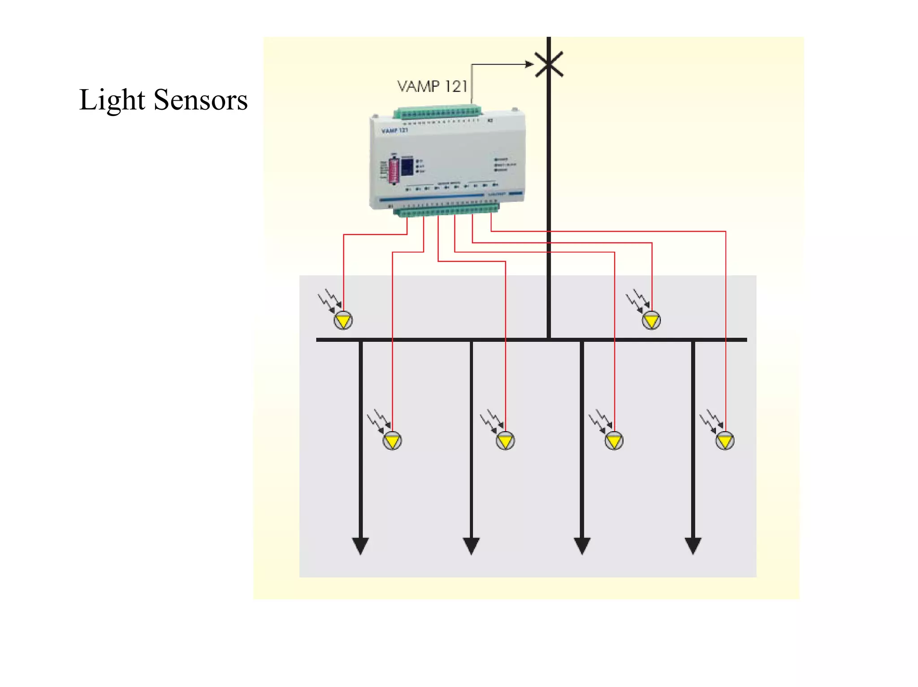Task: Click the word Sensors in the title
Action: pyautogui.click(x=200, y=100)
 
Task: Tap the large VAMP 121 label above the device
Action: pyautogui.click(x=432, y=86)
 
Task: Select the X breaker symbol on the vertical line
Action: pyautogui.click(x=549, y=64)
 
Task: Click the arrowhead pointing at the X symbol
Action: pyautogui.click(x=529, y=64)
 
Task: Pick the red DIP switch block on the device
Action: pyautogui.click(x=394, y=170)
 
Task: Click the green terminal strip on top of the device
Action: pyautogui.click(x=437, y=112)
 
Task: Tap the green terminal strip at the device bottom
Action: pyautogui.click(x=447, y=210)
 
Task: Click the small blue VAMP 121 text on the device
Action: pyautogui.click(x=394, y=131)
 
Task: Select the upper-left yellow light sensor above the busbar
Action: pyautogui.click(x=343, y=320)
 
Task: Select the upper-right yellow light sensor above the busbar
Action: pyautogui.click(x=651, y=320)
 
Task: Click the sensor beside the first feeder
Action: pyautogui.click(x=392, y=441)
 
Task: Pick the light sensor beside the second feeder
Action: pyautogui.click(x=505, y=441)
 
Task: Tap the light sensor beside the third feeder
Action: pyautogui.click(x=614, y=441)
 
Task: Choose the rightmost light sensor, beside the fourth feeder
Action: pyautogui.click(x=725, y=441)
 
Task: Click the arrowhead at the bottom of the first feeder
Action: pyautogui.click(x=360, y=545)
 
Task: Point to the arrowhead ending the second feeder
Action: pyautogui.click(x=471, y=545)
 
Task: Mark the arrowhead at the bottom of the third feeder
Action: pyautogui.click(x=582, y=545)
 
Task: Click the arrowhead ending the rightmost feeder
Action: pyautogui.click(x=693, y=545)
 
